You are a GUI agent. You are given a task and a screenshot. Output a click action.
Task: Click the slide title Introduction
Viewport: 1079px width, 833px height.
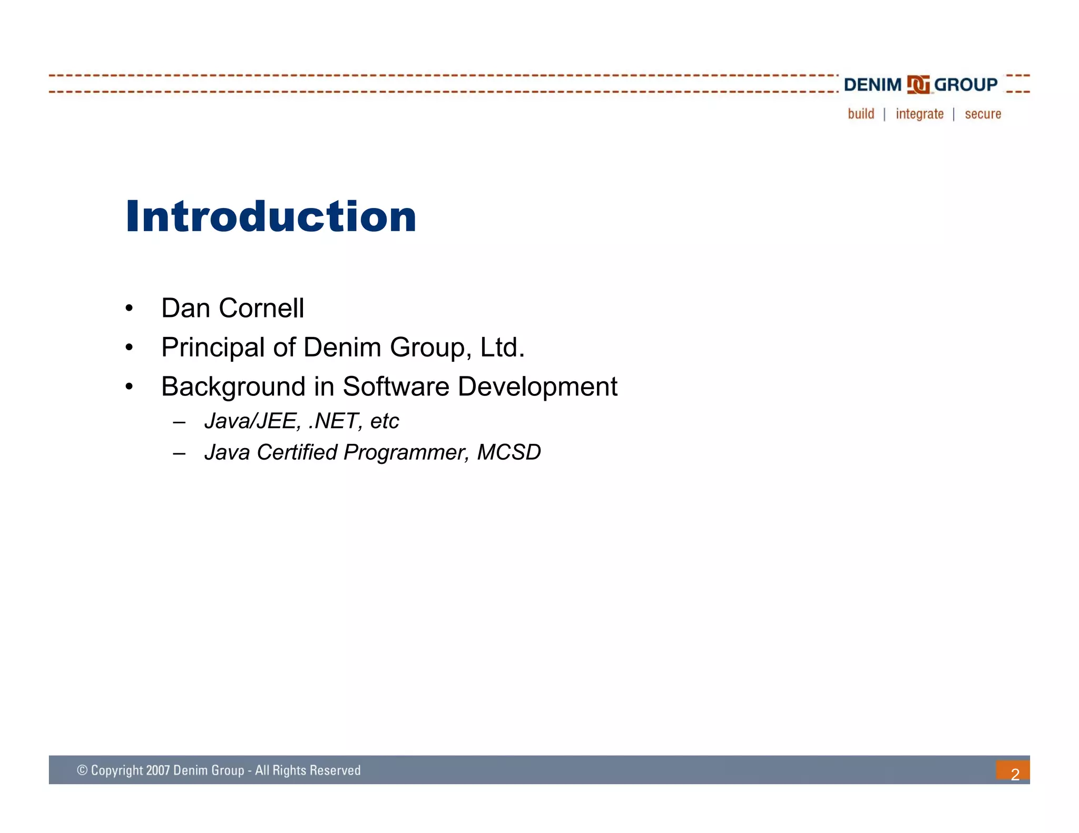click(271, 216)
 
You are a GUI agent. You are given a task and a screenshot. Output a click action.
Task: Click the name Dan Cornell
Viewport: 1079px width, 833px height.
click(232, 308)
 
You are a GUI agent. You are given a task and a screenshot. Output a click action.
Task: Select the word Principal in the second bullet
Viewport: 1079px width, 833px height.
click(213, 348)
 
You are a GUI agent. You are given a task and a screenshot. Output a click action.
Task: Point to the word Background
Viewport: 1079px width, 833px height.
click(233, 387)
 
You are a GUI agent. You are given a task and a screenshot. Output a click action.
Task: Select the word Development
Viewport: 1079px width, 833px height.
click(537, 387)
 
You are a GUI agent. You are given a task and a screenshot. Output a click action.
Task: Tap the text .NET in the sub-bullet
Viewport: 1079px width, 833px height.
click(335, 421)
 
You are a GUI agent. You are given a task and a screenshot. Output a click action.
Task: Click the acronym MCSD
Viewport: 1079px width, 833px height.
click(508, 452)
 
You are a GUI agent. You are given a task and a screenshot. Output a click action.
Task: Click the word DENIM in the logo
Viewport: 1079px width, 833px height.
click(872, 85)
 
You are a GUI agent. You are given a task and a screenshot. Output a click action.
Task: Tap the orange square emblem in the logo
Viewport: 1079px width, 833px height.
click(918, 85)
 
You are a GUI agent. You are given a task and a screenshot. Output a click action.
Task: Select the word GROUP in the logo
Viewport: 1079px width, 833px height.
click(966, 85)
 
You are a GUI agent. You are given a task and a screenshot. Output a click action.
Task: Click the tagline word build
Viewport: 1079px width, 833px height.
click(861, 114)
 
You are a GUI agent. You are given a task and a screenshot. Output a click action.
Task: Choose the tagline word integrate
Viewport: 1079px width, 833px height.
click(919, 114)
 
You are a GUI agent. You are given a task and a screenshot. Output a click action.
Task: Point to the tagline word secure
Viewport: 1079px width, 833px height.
click(983, 114)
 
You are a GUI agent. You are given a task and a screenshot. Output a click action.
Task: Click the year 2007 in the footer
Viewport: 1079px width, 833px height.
click(158, 770)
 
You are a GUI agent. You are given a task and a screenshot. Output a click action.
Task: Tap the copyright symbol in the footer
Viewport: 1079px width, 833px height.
click(82, 770)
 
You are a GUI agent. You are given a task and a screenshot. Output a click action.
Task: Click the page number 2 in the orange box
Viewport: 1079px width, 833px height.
click(1015, 774)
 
